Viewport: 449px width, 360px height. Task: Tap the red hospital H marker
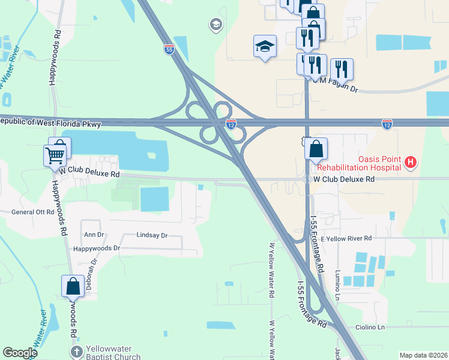point(411,161)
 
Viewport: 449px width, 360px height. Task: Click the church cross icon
point(76,352)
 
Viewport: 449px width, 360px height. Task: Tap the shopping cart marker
point(55,155)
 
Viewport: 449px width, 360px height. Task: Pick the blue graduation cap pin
point(265,47)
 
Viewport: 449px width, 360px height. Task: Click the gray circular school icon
point(215,25)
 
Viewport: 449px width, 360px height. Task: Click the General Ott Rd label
point(33,212)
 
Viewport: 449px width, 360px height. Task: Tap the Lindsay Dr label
point(152,236)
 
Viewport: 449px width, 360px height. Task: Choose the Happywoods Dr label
point(97,248)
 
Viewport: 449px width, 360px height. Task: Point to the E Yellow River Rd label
point(346,238)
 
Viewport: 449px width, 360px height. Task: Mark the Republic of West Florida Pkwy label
point(50,122)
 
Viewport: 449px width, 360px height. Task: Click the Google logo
point(20,353)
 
